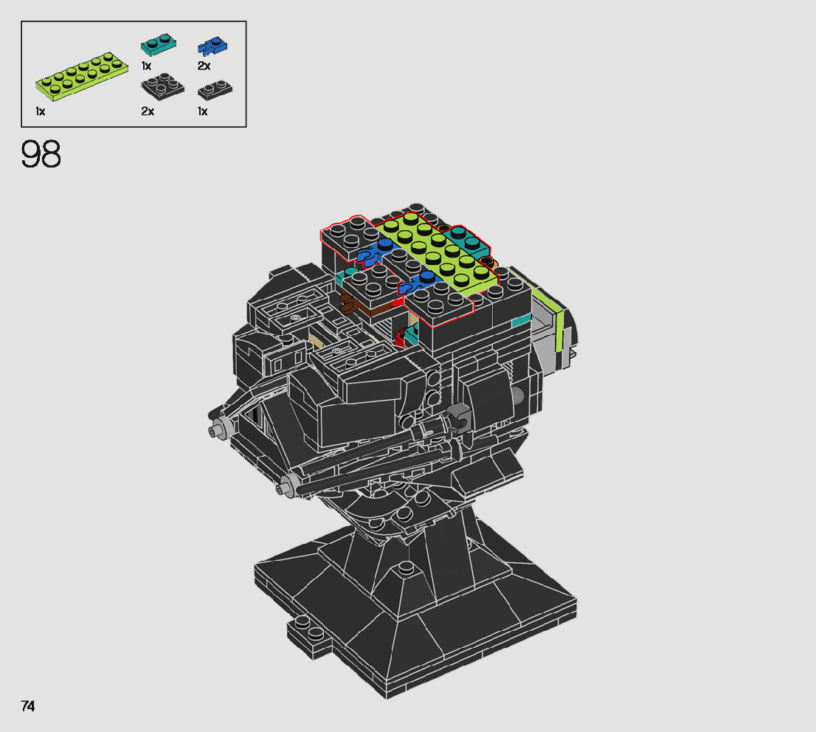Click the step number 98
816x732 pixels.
click(41, 154)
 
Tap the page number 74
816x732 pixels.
click(28, 706)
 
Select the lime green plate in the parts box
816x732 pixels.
click(82, 76)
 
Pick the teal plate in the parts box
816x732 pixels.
click(158, 44)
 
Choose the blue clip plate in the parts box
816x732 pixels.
click(212, 46)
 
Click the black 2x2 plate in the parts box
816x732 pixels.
click(162, 86)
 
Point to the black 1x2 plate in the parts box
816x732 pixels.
click(215, 89)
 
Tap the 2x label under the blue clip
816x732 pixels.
click(204, 66)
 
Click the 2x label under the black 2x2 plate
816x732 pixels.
click(148, 111)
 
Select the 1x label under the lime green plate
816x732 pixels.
click(41, 111)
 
